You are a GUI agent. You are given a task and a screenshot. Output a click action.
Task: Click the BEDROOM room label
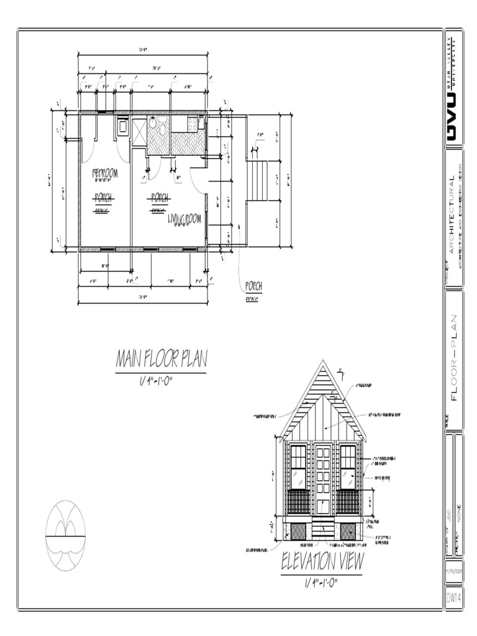[x=105, y=173]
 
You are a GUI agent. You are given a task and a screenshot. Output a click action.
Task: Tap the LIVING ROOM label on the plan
[x=185, y=219]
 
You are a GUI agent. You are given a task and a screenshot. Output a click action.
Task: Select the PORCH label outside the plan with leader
[x=253, y=286]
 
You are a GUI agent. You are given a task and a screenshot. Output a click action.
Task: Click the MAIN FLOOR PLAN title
[x=161, y=359]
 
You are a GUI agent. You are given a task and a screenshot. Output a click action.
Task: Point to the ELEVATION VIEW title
[x=322, y=562]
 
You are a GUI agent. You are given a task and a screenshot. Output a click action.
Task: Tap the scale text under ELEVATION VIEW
[x=320, y=583]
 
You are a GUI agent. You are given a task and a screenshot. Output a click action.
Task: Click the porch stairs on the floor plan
[x=257, y=180]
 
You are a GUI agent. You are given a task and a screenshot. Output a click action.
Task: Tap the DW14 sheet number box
[x=453, y=597]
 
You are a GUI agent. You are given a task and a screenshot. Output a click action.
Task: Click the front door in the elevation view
[x=322, y=478]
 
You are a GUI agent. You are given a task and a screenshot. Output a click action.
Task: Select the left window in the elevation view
[x=298, y=476]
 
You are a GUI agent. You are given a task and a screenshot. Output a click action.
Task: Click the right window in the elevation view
[x=347, y=476]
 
